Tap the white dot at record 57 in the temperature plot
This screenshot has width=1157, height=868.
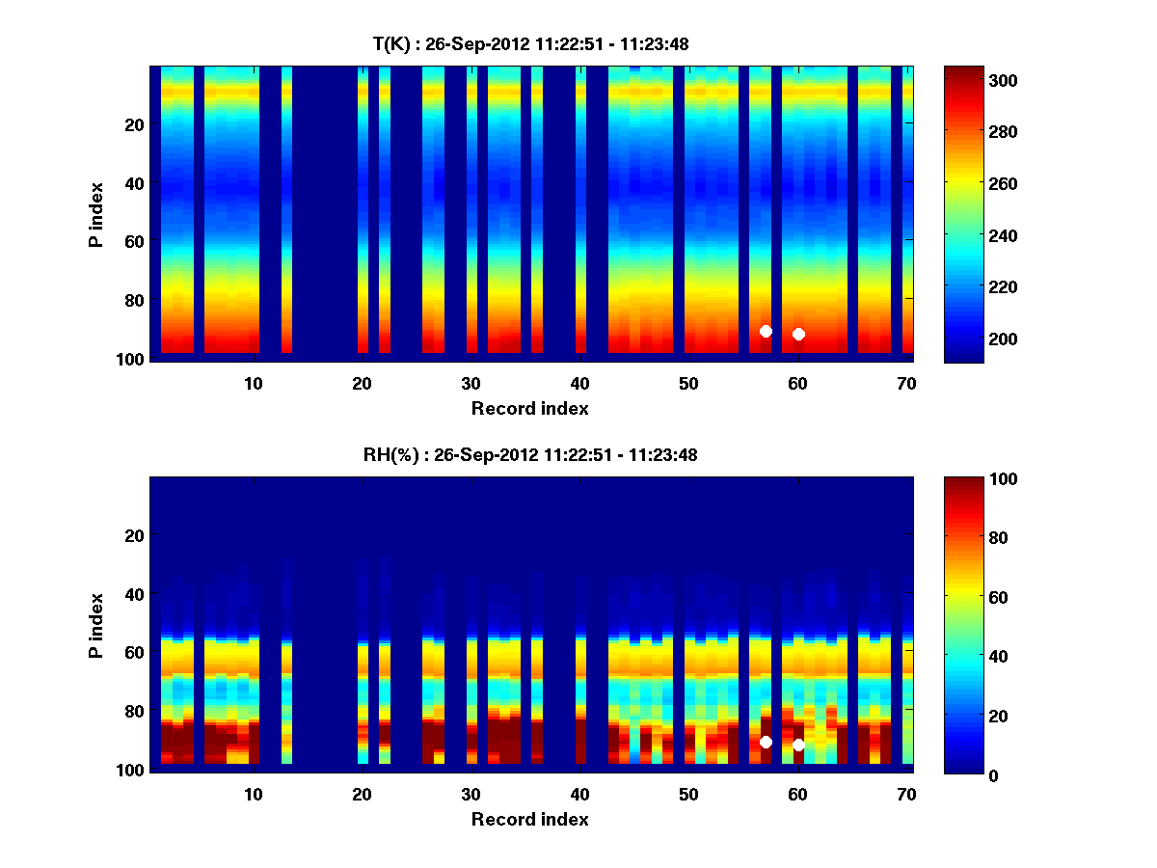click(x=766, y=331)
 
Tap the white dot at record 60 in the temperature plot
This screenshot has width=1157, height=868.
click(x=798, y=334)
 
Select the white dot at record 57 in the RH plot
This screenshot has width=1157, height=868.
click(x=766, y=742)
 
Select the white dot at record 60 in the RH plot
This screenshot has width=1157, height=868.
click(x=798, y=745)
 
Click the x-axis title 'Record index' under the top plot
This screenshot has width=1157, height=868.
click(x=529, y=408)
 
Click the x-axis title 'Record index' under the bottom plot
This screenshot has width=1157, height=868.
click(x=529, y=819)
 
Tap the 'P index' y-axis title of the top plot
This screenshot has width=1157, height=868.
click(x=96, y=213)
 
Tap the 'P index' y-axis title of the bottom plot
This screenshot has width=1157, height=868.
click(x=96, y=625)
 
